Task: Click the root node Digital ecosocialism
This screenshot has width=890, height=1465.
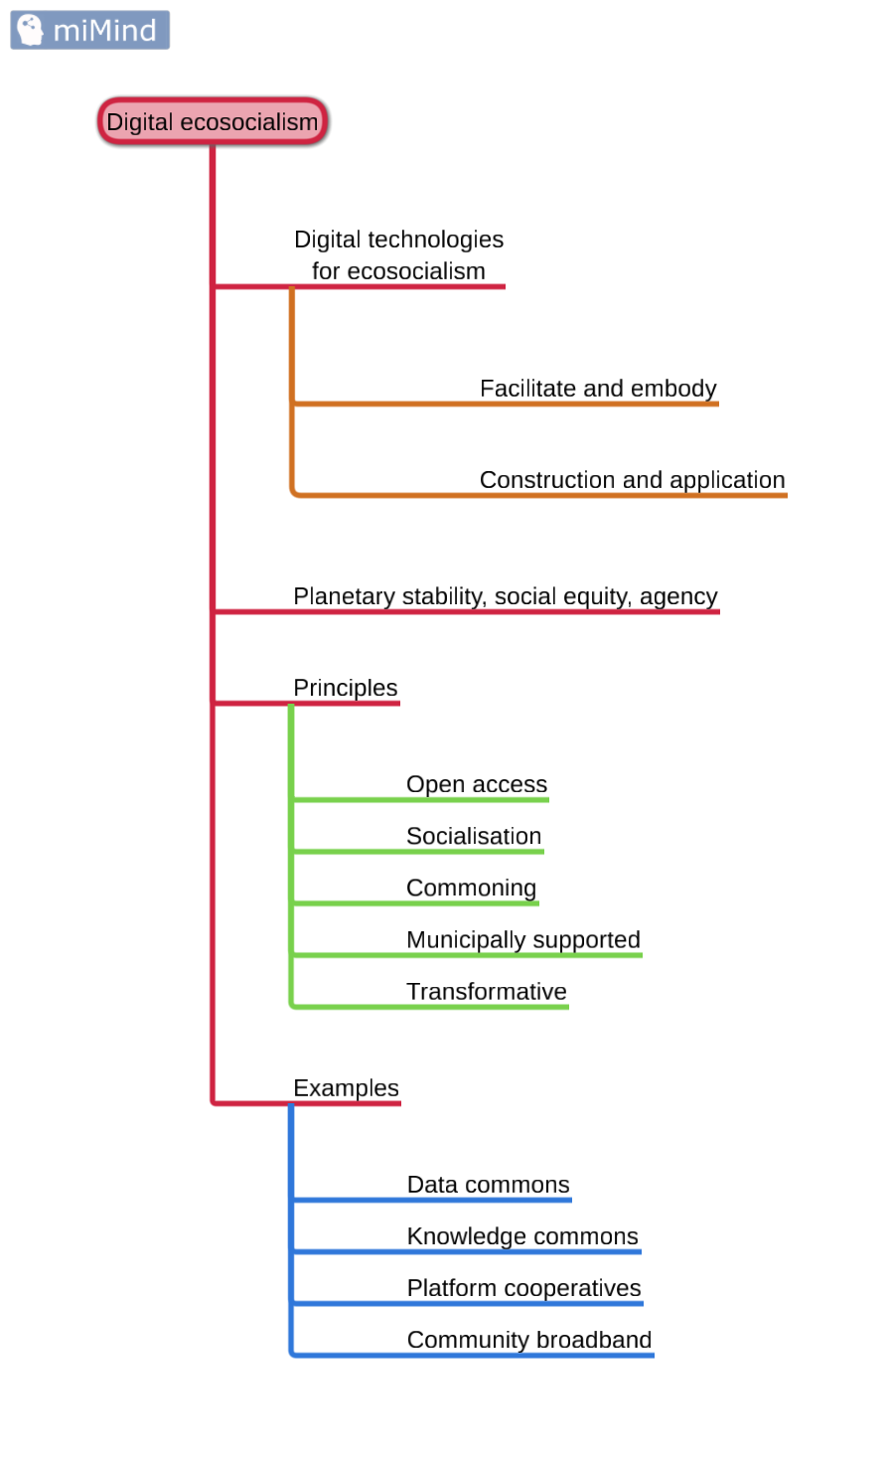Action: click(x=213, y=122)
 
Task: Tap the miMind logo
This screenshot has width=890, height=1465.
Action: click(x=90, y=30)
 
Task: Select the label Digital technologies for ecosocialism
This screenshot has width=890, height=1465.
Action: click(x=398, y=255)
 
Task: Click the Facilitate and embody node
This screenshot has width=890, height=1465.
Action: click(x=598, y=389)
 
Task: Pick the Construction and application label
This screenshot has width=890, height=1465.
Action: click(x=632, y=480)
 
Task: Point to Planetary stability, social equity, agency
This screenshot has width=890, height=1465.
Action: click(x=505, y=596)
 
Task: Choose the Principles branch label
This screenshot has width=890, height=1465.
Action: click(x=345, y=688)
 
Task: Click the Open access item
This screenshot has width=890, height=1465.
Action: click(x=477, y=784)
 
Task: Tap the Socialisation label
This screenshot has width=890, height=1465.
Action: click(x=474, y=836)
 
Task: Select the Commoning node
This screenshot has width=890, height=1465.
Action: click(x=471, y=888)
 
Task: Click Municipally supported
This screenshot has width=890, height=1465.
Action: click(x=523, y=939)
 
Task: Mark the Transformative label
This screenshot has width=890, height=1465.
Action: click(x=487, y=991)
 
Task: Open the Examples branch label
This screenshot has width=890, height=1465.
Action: click(x=346, y=1088)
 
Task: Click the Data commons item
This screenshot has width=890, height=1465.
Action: click(x=489, y=1185)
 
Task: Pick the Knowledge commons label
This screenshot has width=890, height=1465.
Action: click(x=522, y=1236)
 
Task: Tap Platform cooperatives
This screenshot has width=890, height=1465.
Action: click(x=524, y=1288)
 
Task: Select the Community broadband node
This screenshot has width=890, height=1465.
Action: click(x=529, y=1340)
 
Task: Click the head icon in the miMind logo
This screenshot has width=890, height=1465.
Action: click(x=31, y=30)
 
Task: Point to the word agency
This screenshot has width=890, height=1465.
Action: click(x=678, y=596)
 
